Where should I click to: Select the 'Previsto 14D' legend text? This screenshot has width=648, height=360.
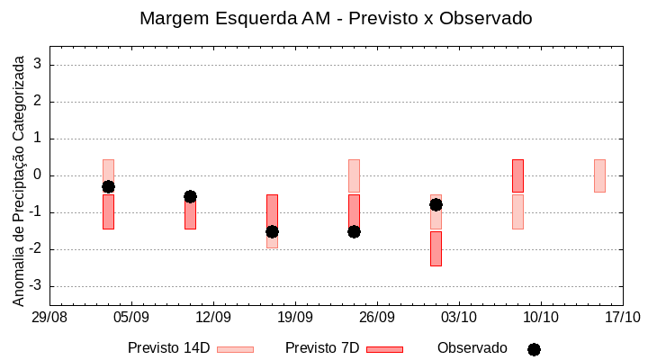(168, 348)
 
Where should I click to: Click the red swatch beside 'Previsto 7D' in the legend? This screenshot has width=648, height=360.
(384, 349)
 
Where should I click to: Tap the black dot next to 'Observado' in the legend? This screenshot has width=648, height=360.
(534, 349)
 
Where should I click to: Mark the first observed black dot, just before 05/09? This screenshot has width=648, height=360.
(108, 186)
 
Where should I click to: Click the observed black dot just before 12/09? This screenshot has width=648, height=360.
(190, 196)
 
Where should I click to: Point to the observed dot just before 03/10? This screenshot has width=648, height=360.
(436, 204)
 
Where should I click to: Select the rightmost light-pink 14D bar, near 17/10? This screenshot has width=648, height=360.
(599, 175)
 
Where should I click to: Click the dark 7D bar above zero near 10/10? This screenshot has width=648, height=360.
(517, 175)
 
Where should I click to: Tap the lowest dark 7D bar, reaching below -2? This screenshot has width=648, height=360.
(436, 248)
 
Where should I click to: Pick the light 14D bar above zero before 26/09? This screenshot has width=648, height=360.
(354, 175)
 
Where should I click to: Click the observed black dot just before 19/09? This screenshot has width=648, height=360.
(272, 231)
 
